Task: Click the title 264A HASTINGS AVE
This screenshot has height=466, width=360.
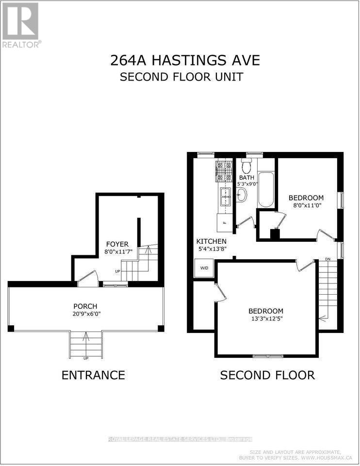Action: pyautogui.click(x=185, y=61)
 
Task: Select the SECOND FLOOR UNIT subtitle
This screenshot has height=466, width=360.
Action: pyautogui.click(x=181, y=77)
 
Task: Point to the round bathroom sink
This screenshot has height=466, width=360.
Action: pyautogui.click(x=242, y=195)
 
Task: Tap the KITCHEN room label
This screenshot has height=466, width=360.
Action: pyautogui.click(x=211, y=241)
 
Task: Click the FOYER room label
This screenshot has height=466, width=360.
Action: pyautogui.click(x=117, y=244)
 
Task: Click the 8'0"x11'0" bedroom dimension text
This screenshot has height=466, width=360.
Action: pyautogui.click(x=306, y=205)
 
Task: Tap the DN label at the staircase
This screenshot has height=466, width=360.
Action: pyautogui.click(x=328, y=259)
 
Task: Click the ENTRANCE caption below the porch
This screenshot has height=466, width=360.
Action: pyautogui.click(x=93, y=375)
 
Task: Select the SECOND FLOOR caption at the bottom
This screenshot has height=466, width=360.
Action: pyautogui.click(x=267, y=375)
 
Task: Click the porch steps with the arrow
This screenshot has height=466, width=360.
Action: pyautogui.click(x=86, y=344)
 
